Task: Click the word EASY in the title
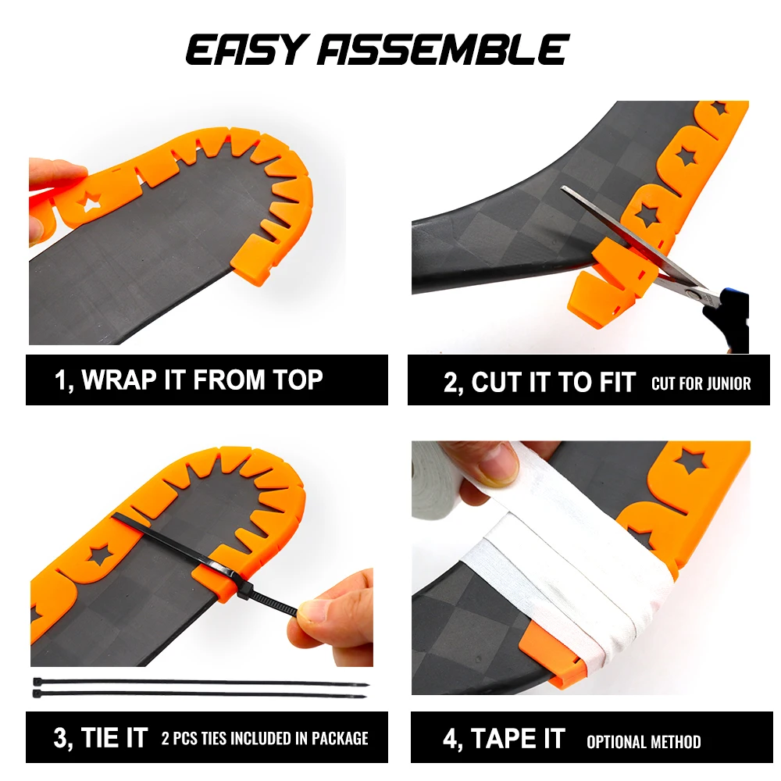pyautogui.click(x=245, y=50)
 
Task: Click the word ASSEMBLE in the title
pyautogui.click(x=444, y=50)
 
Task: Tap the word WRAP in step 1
pyautogui.click(x=119, y=380)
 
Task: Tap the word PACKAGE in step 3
pyautogui.click(x=340, y=738)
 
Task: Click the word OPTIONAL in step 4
pyautogui.click(x=616, y=742)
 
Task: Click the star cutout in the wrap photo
pyautogui.click(x=91, y=201)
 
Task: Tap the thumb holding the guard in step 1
pyautogui.click(x=54, y=175)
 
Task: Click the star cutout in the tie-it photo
pyautogui.click(x=100, y=555)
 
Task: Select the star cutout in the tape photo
pyautogui.click(x=692, y=462)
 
